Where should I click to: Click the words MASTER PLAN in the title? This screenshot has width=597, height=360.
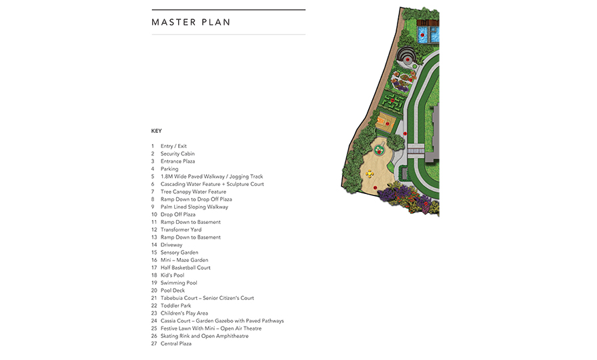pyautogui.click(x=191, y=22)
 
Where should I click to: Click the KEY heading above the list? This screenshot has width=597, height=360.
pyautogui.click(x=157, y=131)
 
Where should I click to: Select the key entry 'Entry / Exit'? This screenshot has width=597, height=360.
pyautogui.click(x=173, y=146)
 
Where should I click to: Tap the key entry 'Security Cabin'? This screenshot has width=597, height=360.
pyautogui.click(x=177, y=154)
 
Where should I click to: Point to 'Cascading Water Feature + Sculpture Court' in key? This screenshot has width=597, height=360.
pyautogui.click(x=212, y=184)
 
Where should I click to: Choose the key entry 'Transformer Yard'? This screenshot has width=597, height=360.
pyautogui.click(x=181, y=230)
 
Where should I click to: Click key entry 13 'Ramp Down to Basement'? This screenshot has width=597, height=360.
pyautogui.click(x=190, y=237)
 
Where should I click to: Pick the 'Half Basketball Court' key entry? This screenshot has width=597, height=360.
pyautogui.click(x=185, y=268)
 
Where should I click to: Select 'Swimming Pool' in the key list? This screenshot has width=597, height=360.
pyautogui.click(x=179, y=283)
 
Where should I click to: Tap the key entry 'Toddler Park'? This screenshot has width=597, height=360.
pyautogui.click(x=175, y=306)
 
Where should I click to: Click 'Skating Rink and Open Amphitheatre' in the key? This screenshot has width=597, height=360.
pyautogui.click(x=205, y=336)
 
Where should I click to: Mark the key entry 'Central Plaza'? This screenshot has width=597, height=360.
pyautogui.click(x=176, y=343)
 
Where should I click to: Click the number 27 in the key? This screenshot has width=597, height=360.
pyautogui.click(x=154, y=343)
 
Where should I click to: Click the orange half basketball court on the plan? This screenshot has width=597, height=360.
pyautogui.click(x=386, y=123)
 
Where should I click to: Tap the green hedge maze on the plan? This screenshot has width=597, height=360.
pyautogui.click(x=393, y=101)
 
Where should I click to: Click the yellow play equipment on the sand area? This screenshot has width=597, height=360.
pyautogui.click(x=370, y=173)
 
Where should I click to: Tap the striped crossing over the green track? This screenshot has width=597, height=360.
pyautogui.click(x=416, y=149)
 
